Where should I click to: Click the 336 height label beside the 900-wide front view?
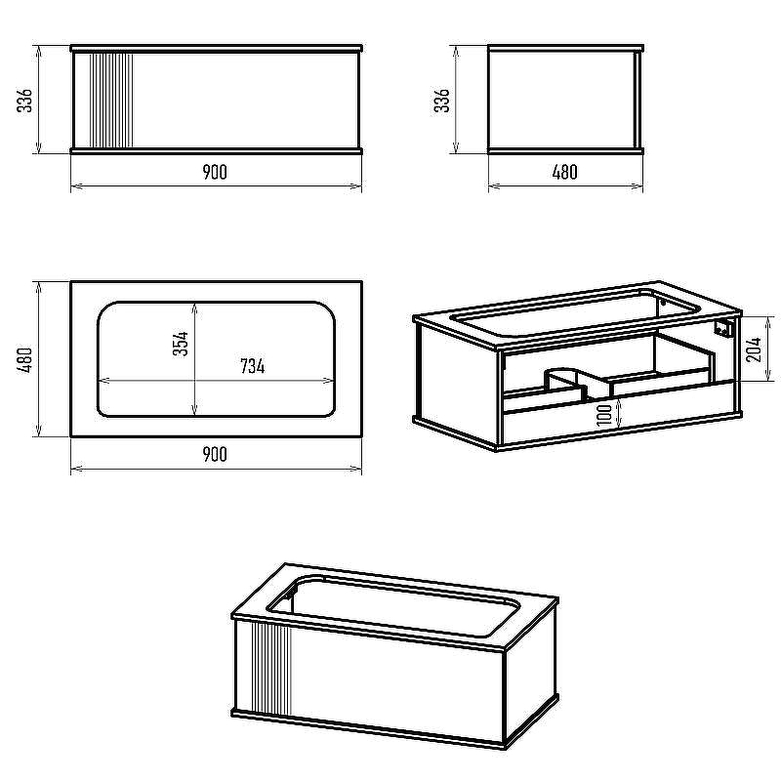[25, 101]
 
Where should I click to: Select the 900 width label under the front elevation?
[215, 173]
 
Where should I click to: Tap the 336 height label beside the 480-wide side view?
[441, 101]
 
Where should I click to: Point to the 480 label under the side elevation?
[565, 173]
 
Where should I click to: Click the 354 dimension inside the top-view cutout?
[181, 344]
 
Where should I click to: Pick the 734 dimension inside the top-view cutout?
[253, 366]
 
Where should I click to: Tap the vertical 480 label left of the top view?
[25, 359]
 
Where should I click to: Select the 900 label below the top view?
[215, 454]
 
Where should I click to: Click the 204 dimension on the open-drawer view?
[754, 349]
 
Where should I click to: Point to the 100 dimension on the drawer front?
[604, 414]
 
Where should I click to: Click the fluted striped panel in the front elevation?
[110, 101]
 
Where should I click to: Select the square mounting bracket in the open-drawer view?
[722, 328]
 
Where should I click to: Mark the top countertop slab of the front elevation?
[216, 48]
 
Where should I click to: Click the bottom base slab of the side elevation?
[566, 150]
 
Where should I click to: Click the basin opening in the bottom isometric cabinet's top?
[393, 606]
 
